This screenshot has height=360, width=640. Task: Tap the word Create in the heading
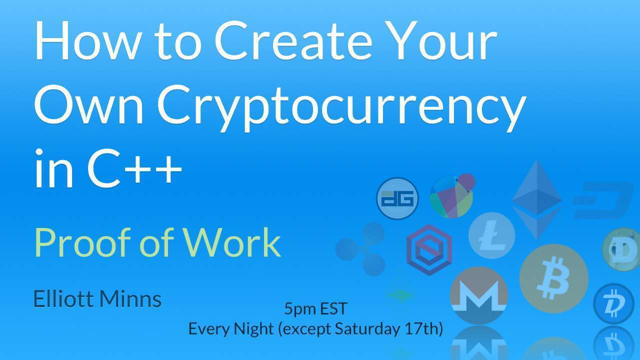293,40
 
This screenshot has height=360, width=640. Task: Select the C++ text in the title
134,168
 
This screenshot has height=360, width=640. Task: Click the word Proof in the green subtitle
82,242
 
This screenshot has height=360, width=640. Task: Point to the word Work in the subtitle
231,242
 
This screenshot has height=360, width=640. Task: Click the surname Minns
130,299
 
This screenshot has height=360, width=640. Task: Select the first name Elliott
63,299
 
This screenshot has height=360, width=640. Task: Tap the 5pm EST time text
315,308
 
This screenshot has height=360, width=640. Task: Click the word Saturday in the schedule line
367,329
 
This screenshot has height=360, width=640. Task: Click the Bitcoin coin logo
553,278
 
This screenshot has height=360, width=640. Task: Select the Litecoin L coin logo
491,235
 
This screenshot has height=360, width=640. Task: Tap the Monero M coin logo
479,295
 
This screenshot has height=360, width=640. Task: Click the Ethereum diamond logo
537,200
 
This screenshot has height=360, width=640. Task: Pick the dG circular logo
397,198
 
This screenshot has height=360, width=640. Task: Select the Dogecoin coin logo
621,249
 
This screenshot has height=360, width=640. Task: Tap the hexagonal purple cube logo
429,250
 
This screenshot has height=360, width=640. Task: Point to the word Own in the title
88,105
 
